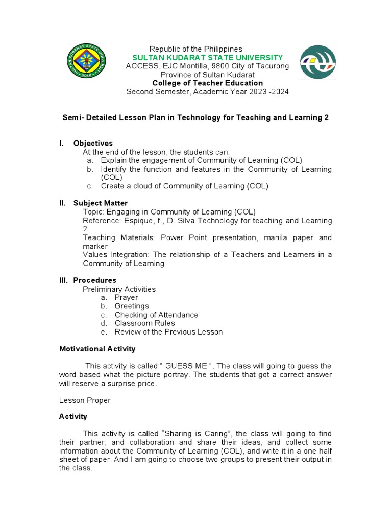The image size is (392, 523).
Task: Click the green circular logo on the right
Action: tap(318, 62)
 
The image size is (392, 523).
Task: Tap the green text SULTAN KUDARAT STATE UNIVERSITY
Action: tap(207, 57)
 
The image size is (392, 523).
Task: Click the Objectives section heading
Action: tap(93, 143)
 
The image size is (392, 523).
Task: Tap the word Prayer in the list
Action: tap(126, 297)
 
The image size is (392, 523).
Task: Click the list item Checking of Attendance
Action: tap(156, 315)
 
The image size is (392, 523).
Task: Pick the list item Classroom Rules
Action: tap(144, 323)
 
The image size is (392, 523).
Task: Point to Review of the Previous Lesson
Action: tap(168, 331)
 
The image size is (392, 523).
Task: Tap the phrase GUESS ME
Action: tap(186, 366)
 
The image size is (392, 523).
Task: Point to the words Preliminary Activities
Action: tap(119, 289)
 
